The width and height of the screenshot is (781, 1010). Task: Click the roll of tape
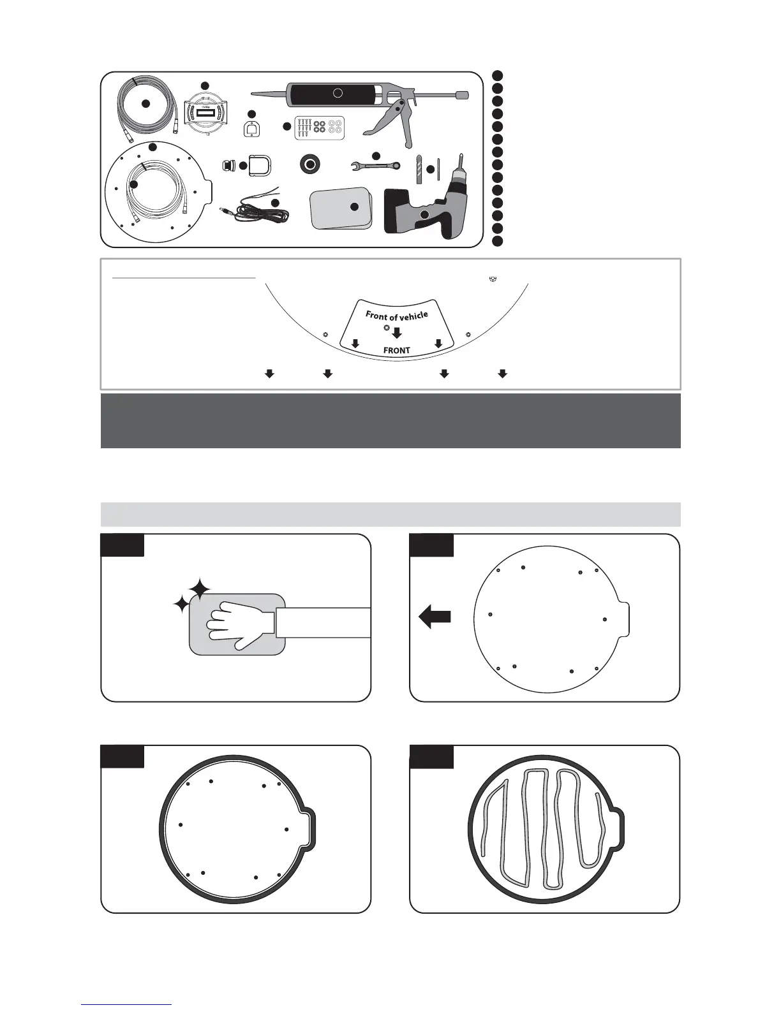310,165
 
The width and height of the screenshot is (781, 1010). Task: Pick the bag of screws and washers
319,128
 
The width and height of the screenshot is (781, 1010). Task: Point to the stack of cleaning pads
340,208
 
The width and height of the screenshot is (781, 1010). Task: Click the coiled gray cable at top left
145,103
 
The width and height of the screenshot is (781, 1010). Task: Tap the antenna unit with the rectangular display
205,114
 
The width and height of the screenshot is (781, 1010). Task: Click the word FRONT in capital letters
396,350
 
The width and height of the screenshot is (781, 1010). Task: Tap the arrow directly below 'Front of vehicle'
397,332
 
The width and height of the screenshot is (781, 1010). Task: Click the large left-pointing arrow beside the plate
435,617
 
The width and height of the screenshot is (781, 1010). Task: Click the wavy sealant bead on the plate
542,829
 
